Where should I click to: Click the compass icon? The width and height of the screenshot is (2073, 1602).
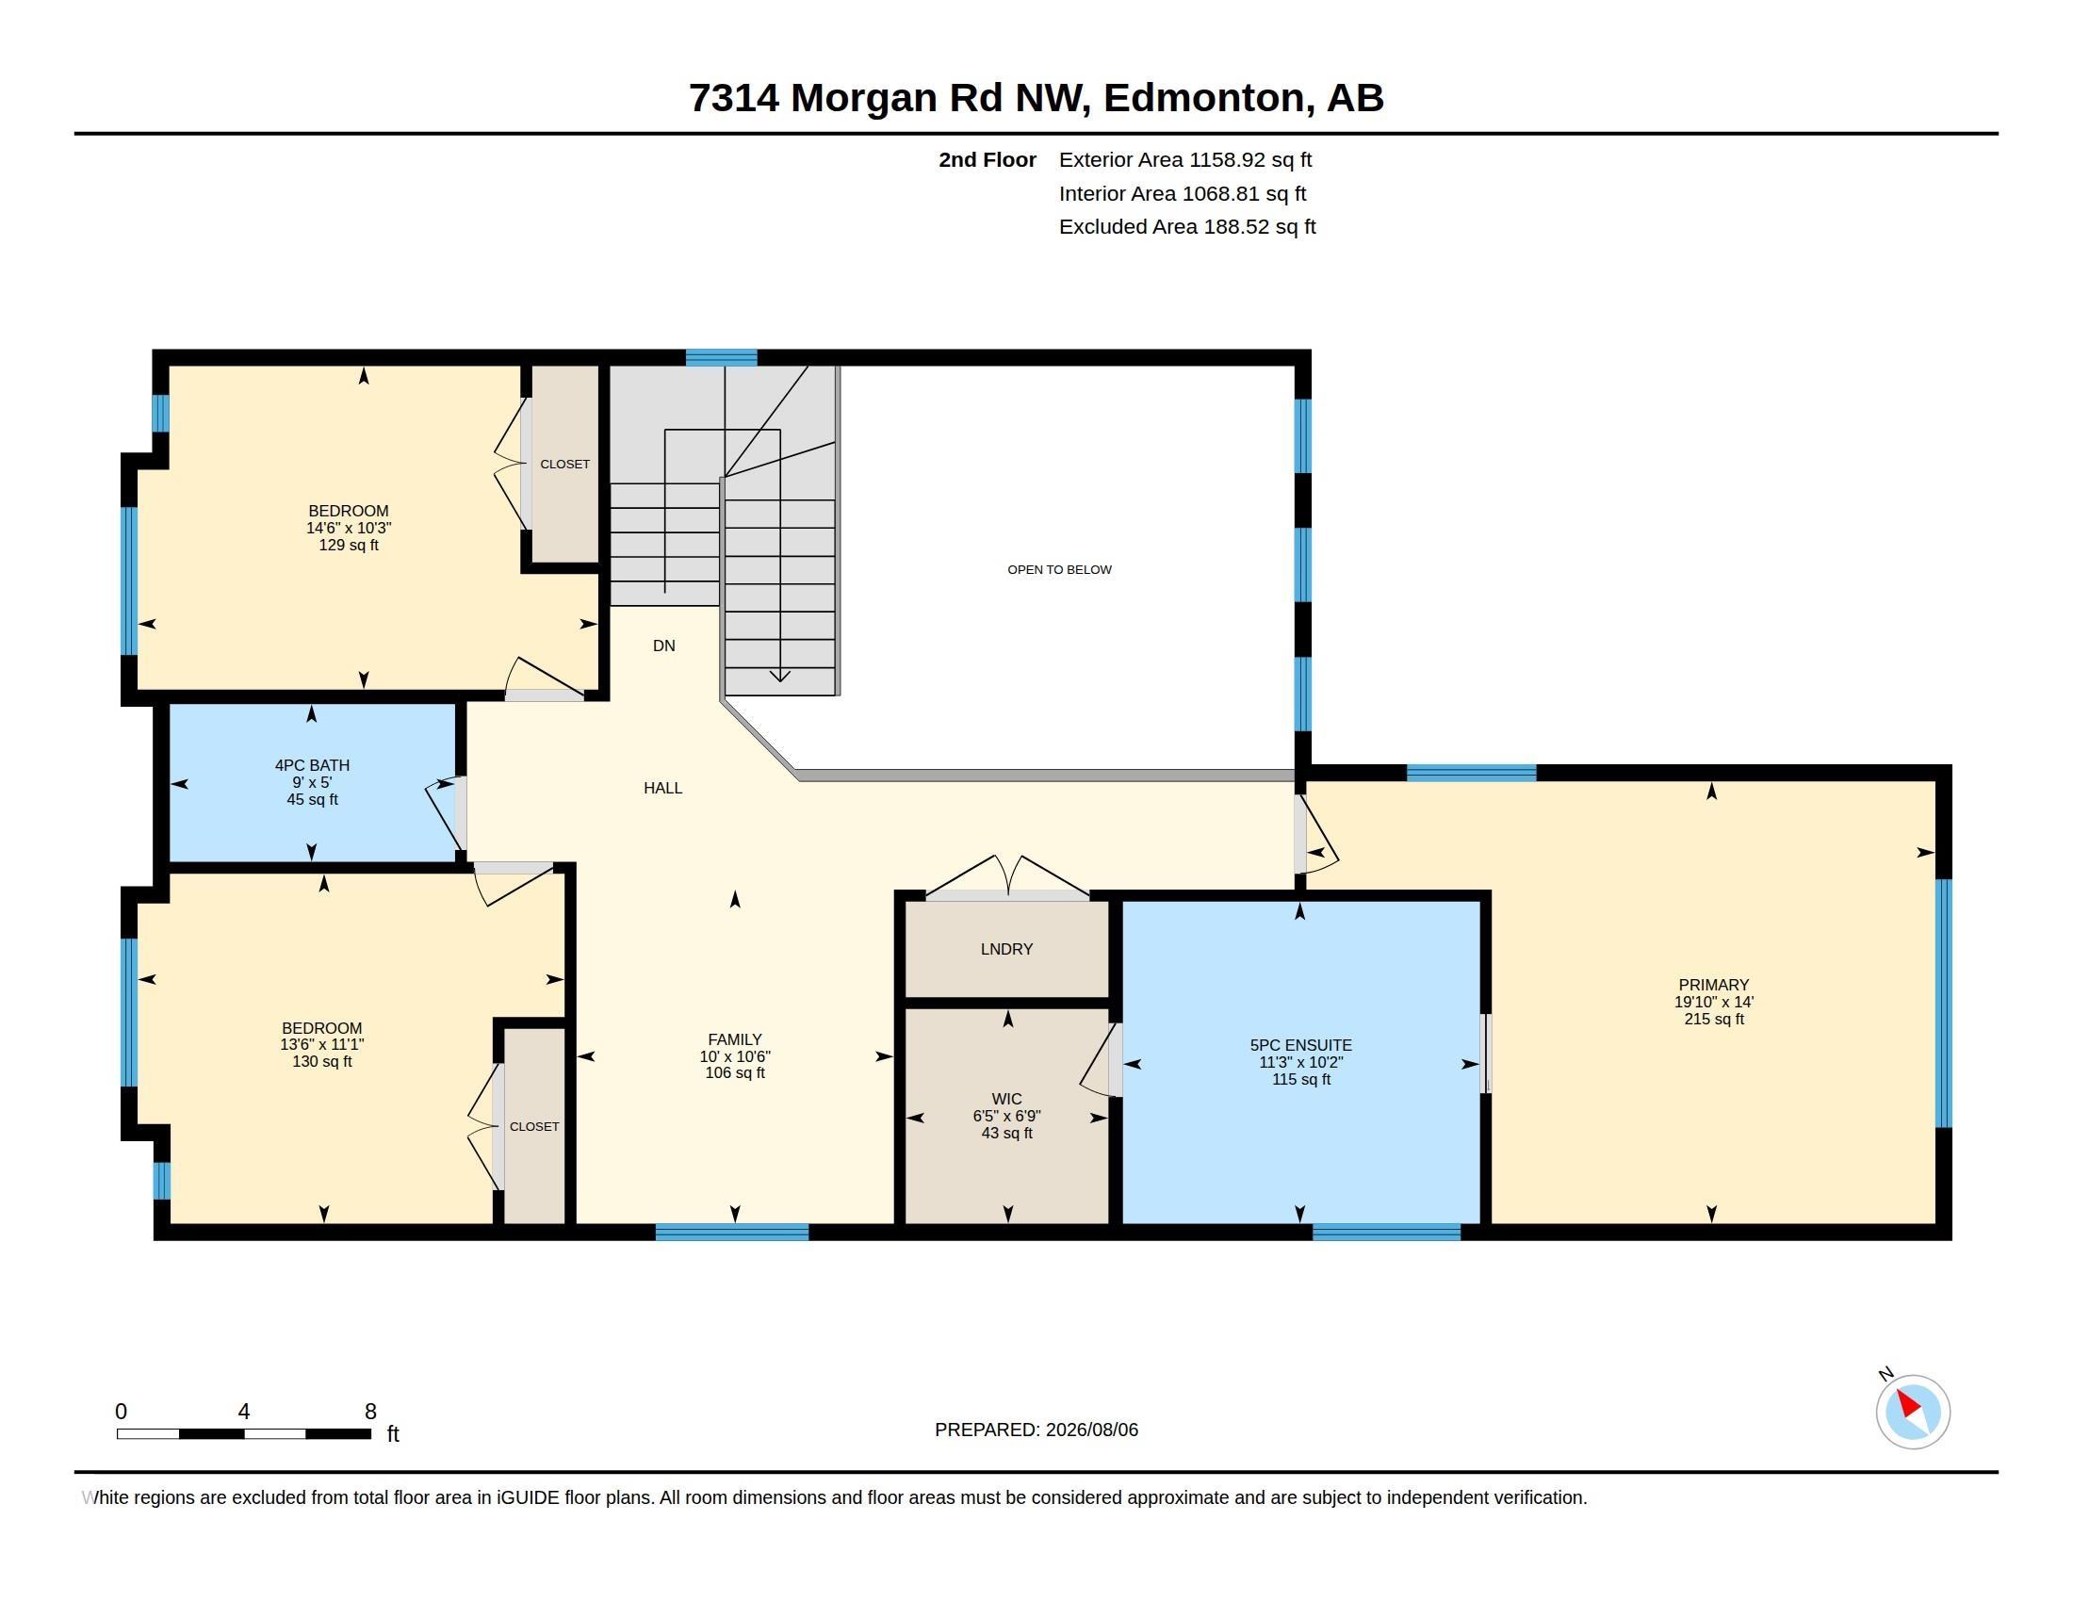tap(1912, 1412)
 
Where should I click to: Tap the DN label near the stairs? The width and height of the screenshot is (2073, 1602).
tap(663, 646)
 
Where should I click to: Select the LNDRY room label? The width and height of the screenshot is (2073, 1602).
tap(1006, 949)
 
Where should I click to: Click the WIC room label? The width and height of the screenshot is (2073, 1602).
tap(1006, 1099)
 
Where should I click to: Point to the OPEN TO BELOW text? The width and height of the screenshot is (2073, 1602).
tap(1059, 569)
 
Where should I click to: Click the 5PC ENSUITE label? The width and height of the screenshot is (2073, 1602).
tap(1300, 1045)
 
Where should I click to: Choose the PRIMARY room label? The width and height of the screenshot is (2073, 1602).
tap(1713, 985)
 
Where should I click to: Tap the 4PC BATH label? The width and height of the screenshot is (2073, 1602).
tap(312, 765)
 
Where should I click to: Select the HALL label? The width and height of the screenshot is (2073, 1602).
tap(662, 788)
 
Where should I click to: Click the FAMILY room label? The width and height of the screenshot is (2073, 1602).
tap(735, 1039)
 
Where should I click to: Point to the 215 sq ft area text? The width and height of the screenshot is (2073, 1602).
tap(1713, 1020)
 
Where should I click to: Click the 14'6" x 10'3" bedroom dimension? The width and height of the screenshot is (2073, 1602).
tap(349, 528)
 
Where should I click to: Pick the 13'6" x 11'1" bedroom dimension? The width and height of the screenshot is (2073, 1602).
tap(321, 1044)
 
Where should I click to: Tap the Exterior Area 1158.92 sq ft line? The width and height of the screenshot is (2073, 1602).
tap(1184, 159)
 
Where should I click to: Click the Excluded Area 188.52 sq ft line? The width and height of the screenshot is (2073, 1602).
tap(1187, 227)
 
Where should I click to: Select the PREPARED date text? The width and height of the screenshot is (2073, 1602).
tap(1036, 1430)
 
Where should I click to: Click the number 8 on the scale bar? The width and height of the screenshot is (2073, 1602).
tap(370, 1412)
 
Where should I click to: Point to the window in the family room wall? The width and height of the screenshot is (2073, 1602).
tap(732, 1232)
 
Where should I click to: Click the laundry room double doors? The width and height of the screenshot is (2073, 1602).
tap(1007, 876)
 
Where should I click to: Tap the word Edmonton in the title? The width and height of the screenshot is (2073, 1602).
tap(1203, 98)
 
